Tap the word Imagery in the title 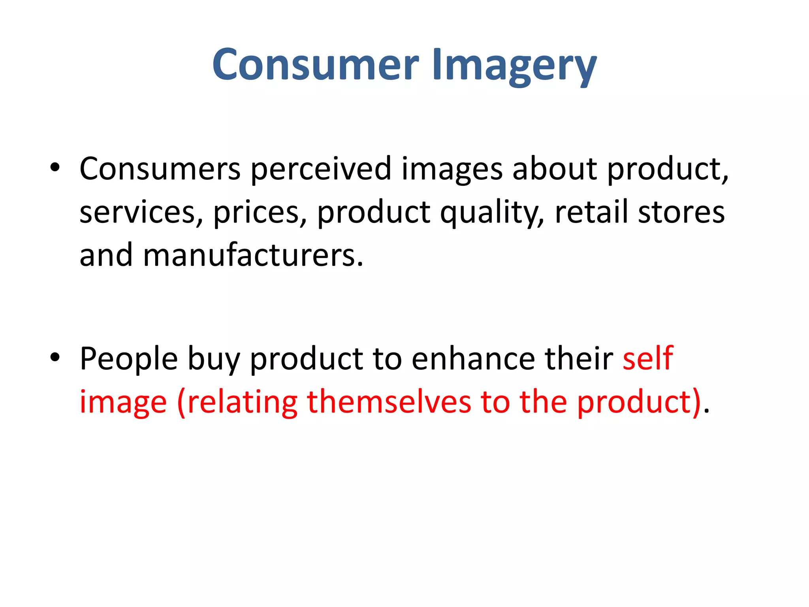pyautogui.click(x=514, y=65)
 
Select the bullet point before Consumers pyautogui.click(x=55, y=168)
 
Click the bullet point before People pyautogui.click(x=55, y=357)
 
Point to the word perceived pyautogui.click(x=321, y=169)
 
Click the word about pyautogui.click(x=555, y=169)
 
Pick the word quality pyautogui.click(x=492, y=213)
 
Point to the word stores pyautogui.click(x=681, y=212)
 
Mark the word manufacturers pyautogui.click(x=253, y=255)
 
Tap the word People pyautogui.click(x=129, y=359)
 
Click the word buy pyautogui.click(x=214, y=359)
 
